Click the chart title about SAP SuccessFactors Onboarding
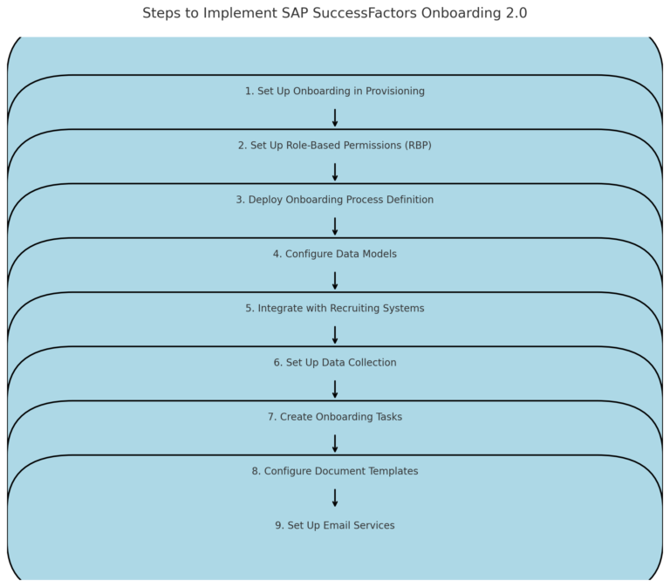(x=334, y=13)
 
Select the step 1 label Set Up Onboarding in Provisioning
(x=334, y=92)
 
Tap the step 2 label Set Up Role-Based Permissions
(x=334, y=146)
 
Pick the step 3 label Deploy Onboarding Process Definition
(x=334, y=200)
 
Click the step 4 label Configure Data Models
(x=334, y=254)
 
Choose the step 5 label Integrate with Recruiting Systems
(x=334, y=309)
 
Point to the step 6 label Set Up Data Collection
(x=334, y=363)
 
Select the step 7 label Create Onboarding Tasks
(x=334, y=417)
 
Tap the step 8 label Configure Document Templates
(x=334, y=471)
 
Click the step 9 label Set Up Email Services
(x=334, y=526)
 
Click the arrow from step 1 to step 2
(x=335, y=119)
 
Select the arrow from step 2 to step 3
(x=335, y=173)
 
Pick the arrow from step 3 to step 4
(x=335, y=227)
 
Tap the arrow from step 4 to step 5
(x=335, y=281)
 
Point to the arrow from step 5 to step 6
(x=335, y=336)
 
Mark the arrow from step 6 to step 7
(x=335, y=390)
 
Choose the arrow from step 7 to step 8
(x=335, y=444)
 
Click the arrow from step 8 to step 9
(x=335, y=498)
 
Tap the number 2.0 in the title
(x=516, y=13)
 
